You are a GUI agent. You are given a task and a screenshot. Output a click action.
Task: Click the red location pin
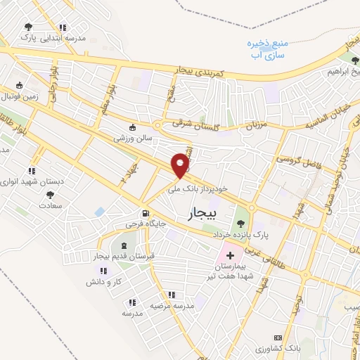click(181, 165)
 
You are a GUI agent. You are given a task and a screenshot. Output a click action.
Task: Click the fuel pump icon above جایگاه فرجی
click(146, 213)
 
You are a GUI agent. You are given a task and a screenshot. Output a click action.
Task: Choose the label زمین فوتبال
click(24, 95)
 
